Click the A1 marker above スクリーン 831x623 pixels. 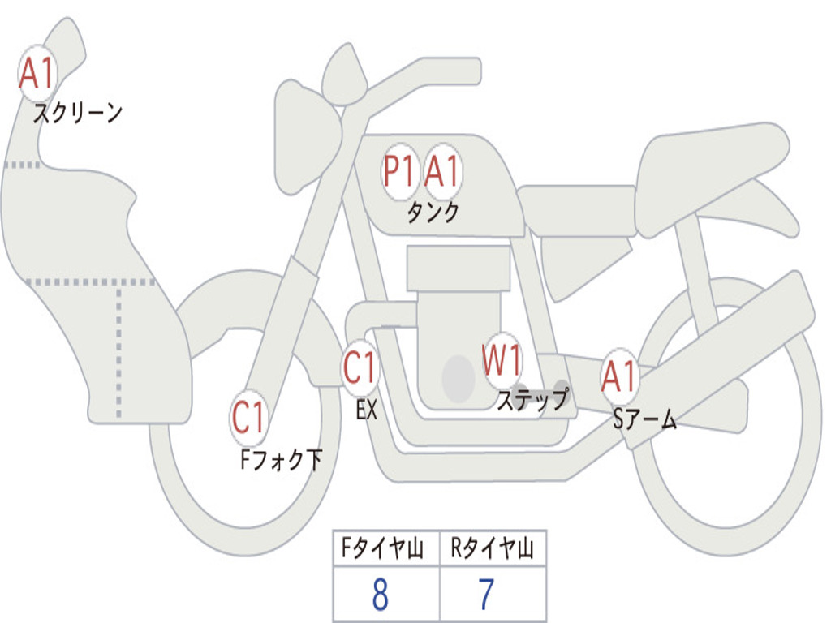pos(37,74)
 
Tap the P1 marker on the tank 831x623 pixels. pos(399,171)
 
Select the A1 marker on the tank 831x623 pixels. pos(442,171)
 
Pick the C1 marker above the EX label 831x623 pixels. pos(360,367)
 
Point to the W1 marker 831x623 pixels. pos(502,359)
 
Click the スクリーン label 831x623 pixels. pos(78,113)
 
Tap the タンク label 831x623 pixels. pos(433,213)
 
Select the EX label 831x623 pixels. pos(367,410)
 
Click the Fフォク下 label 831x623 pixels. pos(281,461)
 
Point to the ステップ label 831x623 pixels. pos(532,400)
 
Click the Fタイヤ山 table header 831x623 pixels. pos(385,550)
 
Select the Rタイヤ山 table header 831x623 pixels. pos(493,550)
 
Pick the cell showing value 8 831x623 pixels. pos(381,595)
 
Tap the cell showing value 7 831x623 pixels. pos(487,595)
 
